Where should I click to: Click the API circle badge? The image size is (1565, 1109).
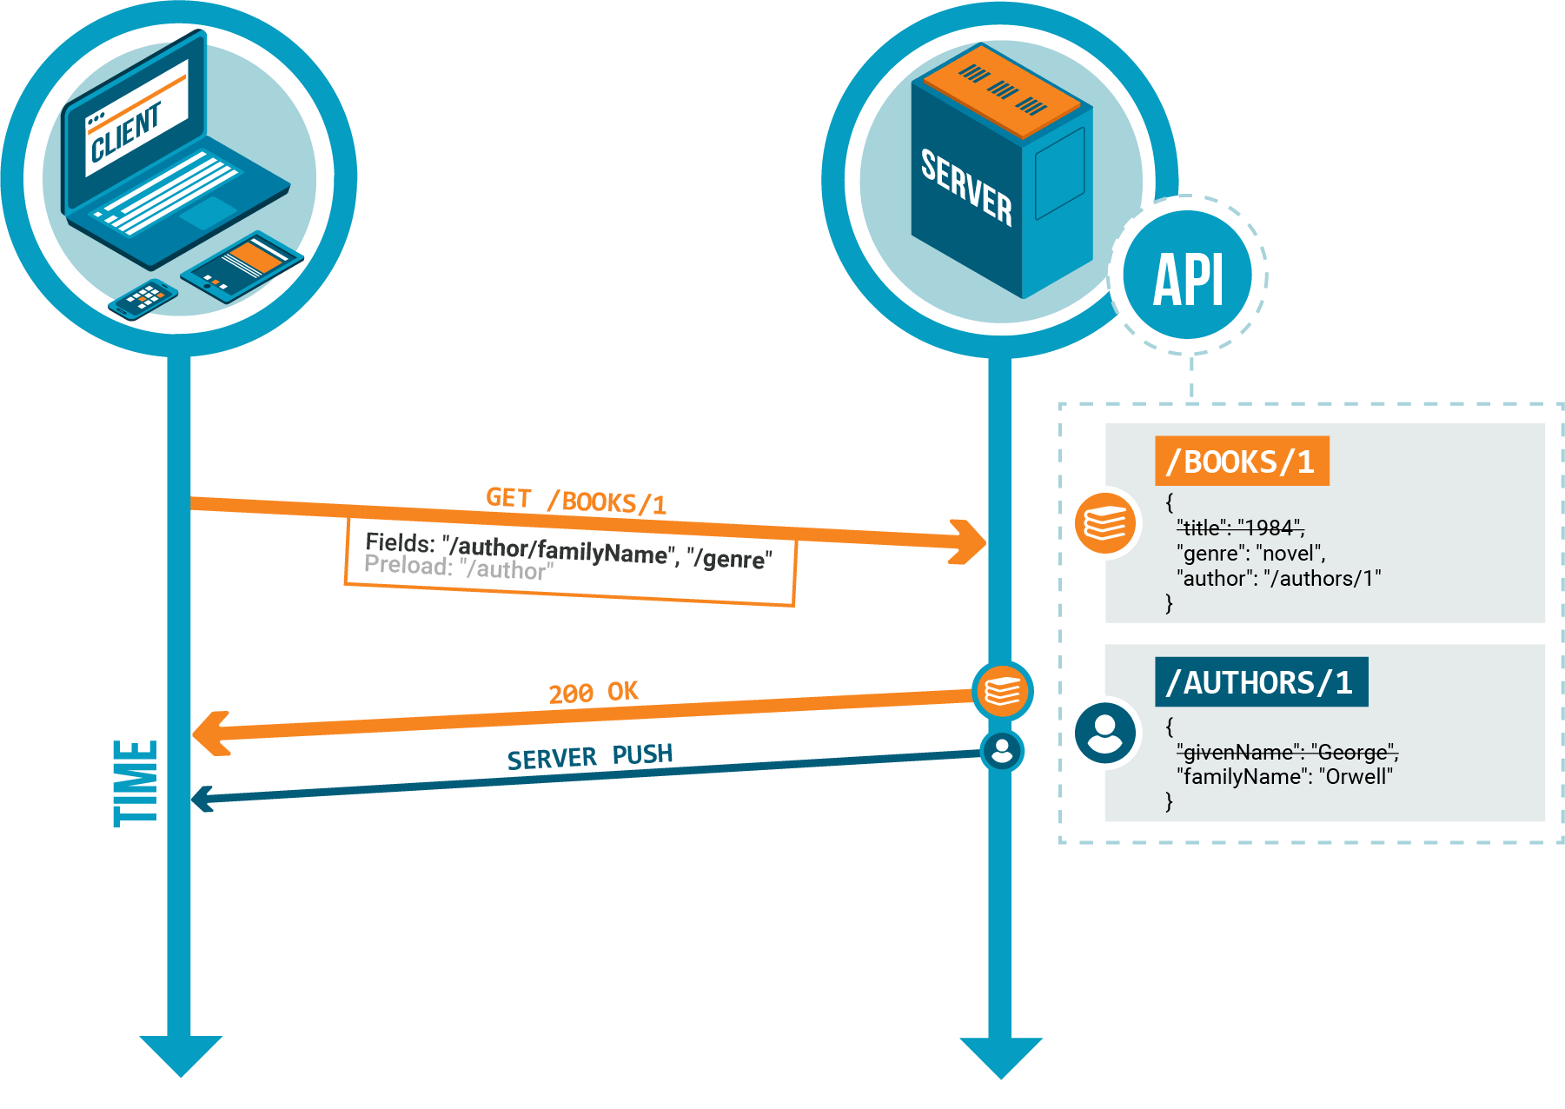click(x=1188, y=276)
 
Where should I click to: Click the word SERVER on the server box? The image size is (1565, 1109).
click(x=966, y=187)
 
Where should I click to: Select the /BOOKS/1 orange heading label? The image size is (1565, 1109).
click(x=1241, y=462)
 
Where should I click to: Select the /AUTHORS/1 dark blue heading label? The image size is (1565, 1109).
click(x=1260, y=682)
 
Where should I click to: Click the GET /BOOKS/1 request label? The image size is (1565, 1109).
click(x=575, y=500)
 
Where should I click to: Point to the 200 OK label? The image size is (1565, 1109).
click(x=593, y=693)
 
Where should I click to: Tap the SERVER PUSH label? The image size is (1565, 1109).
click(x=589, y=757)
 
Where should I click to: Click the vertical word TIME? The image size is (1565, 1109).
click(x=136, y=782)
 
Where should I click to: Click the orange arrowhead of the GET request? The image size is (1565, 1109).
click(x=970, y=541)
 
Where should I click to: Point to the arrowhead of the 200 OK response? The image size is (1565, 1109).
click(x=209, y=734)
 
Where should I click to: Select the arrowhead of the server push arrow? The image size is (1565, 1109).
click(x=202, y=799)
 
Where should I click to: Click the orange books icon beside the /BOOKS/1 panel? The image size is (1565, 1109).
click(x=1104, y=523)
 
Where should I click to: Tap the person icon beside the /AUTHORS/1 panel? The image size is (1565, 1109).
click(x=1104, y=733)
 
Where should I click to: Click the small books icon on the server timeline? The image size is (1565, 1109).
click(x=1002, y=692)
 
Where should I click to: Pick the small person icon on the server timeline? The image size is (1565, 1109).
click(x=1002, y=750)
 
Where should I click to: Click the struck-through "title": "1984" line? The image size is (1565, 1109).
click(x=1240, y=528)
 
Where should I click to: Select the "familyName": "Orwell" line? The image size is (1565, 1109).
click(x=1283, y=776)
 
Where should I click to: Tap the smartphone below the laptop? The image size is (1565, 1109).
click(x=143, y=299)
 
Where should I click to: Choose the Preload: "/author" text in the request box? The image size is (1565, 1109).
click(x=458, y=568)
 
